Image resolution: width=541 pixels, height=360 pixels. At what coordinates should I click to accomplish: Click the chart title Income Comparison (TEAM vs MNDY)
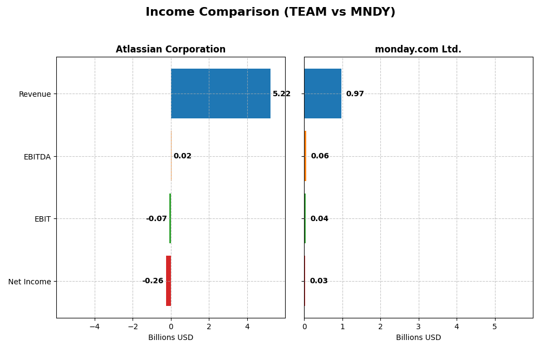click(270, 12)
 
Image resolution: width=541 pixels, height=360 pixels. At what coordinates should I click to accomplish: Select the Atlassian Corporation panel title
click(170, 50)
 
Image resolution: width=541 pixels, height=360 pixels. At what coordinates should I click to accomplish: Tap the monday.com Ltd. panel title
click(418, 50)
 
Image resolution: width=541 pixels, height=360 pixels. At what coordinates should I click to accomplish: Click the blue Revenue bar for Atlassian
click(220, 94)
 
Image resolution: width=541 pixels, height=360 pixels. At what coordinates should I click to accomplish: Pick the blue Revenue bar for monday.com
click(322, 94)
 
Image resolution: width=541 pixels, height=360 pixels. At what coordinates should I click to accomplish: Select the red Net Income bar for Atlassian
click(168, 281)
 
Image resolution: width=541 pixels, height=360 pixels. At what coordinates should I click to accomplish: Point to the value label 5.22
click(281, 94)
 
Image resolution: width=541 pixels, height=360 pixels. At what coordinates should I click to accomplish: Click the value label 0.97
click(355, 94)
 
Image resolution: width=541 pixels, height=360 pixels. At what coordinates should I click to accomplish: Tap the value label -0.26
click(153, 281)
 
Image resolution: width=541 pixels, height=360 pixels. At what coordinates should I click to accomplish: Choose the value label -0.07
click(156, 219)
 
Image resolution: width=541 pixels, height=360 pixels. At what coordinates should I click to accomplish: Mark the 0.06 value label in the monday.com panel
click(320, 156)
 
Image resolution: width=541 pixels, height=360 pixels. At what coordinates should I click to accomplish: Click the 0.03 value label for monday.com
click(319, 281)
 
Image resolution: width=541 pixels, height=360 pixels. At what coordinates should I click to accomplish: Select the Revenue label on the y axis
click(35, 95)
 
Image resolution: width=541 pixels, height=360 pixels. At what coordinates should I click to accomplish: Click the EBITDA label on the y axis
click(37, 157)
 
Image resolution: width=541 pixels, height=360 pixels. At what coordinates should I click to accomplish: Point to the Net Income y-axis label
click(29, 282)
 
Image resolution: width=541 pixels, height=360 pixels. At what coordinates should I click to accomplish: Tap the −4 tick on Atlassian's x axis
click(94, 326)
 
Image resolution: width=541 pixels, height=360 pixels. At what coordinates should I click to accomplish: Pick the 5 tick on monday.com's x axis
click(494, 326)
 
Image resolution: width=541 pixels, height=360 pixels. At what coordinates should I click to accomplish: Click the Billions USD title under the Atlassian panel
click(170, 338)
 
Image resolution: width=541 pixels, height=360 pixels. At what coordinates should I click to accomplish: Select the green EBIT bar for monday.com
click(305, 218)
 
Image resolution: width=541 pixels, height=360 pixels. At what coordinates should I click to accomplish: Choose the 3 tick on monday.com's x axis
click(418, 326)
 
